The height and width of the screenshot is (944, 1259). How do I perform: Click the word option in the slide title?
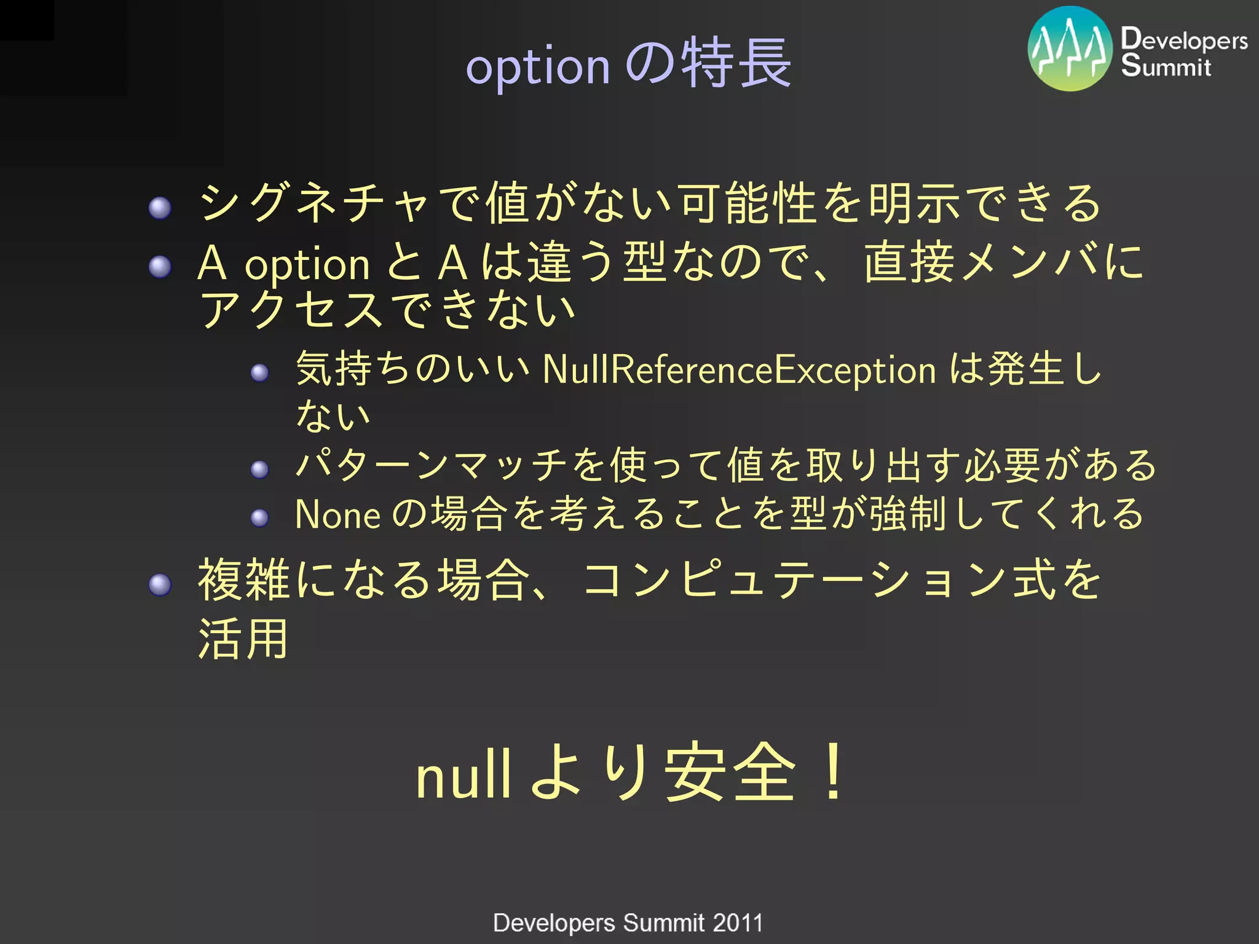[538, 66]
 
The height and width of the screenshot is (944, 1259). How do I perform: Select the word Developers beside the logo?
[1184, 39]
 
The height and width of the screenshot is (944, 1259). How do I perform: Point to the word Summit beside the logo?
[1166, 65]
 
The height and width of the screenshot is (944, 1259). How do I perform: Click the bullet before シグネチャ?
[160, 208]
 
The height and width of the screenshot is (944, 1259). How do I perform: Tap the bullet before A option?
[160, 267]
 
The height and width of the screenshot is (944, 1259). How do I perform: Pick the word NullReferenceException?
[739, 370]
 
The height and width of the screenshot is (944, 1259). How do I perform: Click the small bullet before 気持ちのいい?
[259, 372]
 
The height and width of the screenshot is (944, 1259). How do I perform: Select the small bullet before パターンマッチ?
[259, 470]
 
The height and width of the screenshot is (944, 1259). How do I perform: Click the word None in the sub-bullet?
[337, 515]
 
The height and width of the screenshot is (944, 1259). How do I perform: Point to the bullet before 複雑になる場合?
[160, 584]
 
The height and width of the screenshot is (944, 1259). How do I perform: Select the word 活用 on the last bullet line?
[243, 639]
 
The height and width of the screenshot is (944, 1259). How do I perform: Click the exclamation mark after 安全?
[834, 772]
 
